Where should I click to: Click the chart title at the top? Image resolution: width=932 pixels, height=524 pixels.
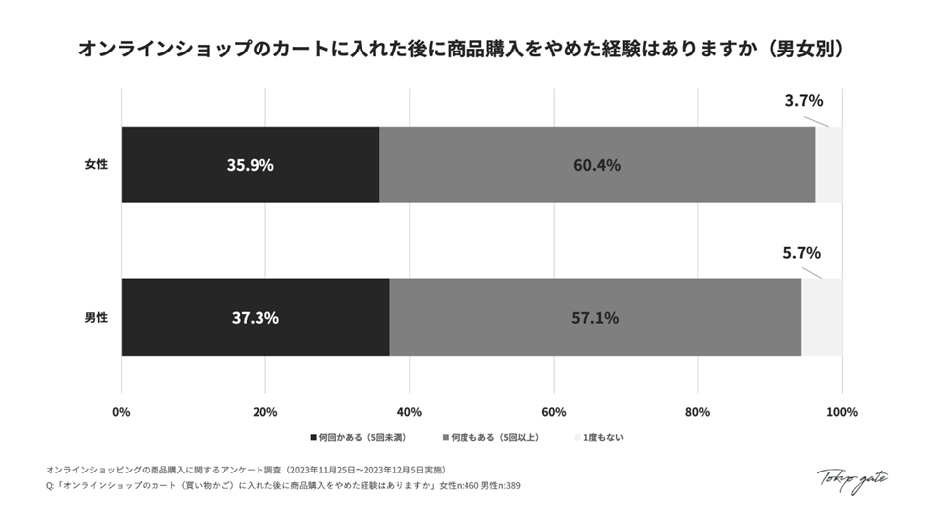pyautogui.click(x=466, y=49)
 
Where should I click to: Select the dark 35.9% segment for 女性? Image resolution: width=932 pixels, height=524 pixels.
pyautogui.click(x=250, y=165)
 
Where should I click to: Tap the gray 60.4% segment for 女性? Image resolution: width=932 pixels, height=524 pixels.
pyautogui.click(x=597, y=165)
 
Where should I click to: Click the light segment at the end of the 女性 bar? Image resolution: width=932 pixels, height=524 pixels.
pyautogui.click(x=828, y=165)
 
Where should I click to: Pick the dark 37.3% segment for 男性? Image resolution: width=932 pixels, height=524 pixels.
pyautogui.click(x=255, y=318)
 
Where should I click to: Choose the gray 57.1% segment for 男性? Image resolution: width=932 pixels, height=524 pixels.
pyautogui.click(x=595, y=318)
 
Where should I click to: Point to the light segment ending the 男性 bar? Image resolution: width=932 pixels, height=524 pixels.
pyautogui.click(x=821, y=318)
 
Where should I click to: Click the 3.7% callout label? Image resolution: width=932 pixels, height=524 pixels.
pyautogui.click(x=803, y=100)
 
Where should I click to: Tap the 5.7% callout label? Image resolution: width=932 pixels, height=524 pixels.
pyautogui.click(x=801, y=253)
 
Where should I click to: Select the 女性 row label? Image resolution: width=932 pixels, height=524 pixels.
pyautogui.click(x=96, y=165)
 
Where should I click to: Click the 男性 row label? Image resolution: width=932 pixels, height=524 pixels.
pyautogui.click(x=96, y=318)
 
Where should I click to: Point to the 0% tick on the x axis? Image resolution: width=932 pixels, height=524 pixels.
pyautogui.click(x=122, y=411)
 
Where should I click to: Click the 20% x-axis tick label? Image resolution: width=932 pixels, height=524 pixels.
pyautogui.click(x=265, y=411)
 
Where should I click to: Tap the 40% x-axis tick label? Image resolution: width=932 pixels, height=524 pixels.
pyautogui.click(x=409, y=411)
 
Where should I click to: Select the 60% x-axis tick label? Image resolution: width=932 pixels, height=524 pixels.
pyautogui.click(x=554, y=411)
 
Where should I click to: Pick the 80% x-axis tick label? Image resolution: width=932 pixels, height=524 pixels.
pyautogui.click(x=697, y=411)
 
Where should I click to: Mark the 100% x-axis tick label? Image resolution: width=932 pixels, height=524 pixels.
pyautogui.click(x=841, y=411)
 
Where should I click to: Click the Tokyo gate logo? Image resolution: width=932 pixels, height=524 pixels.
pyautogui.click(x=852, y=479)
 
